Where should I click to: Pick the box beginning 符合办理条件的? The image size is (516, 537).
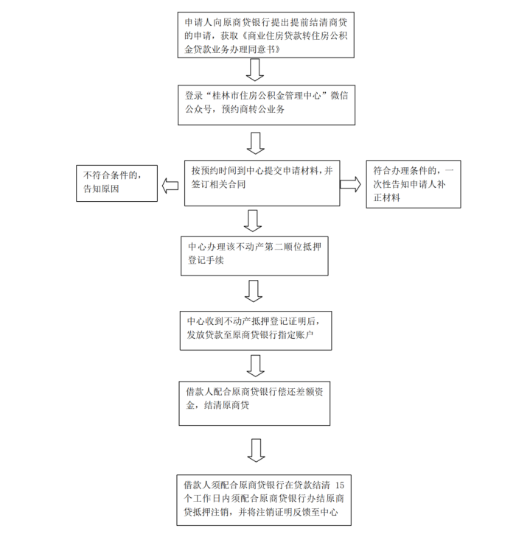414,183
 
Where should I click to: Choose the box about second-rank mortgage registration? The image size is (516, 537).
254,254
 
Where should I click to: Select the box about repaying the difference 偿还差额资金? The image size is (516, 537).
255,402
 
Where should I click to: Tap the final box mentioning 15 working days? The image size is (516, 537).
265,499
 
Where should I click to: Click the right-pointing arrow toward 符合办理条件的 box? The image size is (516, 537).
349,184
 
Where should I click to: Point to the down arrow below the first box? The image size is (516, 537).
254,69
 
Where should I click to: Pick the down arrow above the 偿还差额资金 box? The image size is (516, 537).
255,365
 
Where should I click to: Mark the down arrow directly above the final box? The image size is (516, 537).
255,449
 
